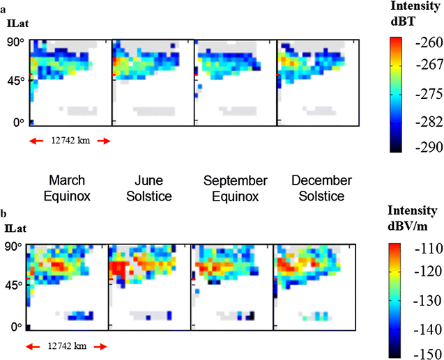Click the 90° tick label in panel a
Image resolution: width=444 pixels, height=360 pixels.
16,42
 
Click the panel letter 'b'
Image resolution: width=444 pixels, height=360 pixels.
4,214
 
